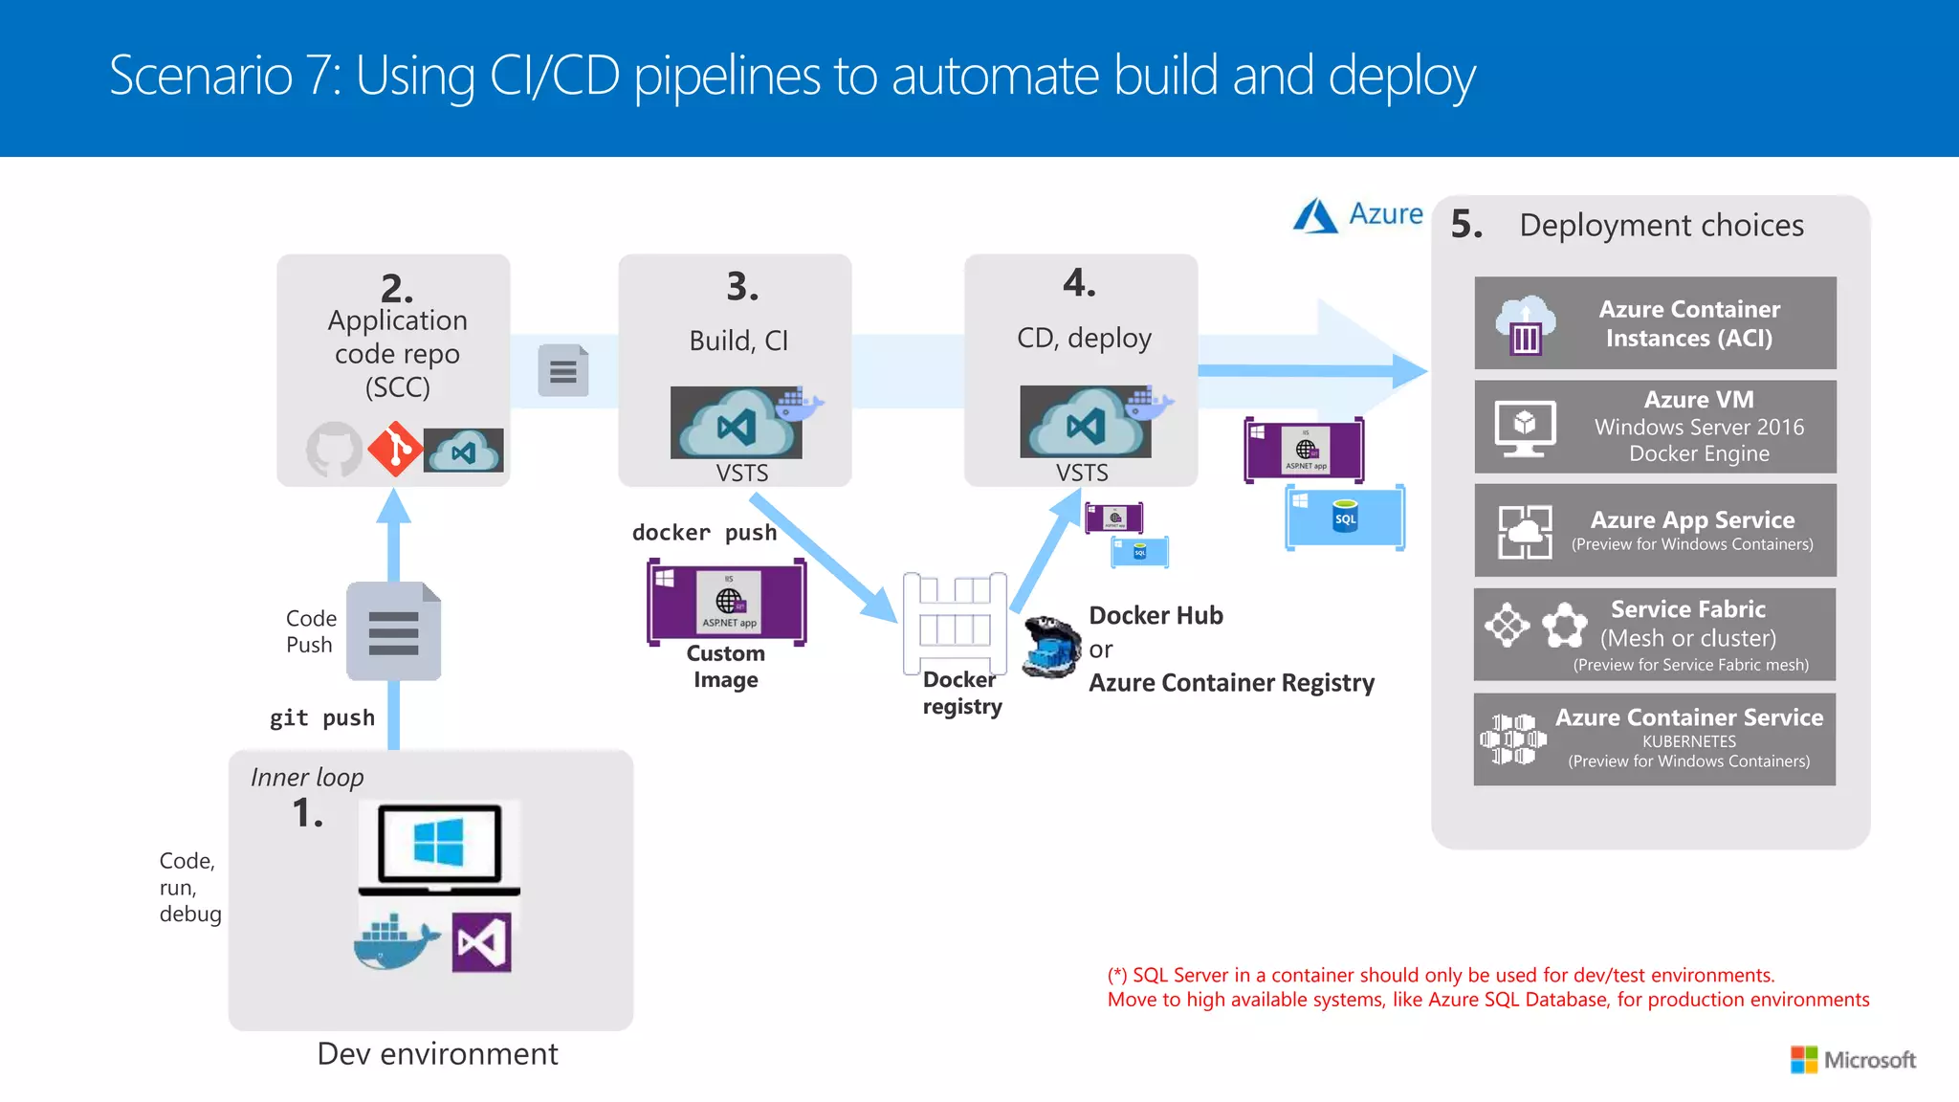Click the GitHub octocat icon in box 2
(x=334, y=449)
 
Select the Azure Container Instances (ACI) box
(x=1655, y=323)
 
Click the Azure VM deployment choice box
(x=1655, y=427)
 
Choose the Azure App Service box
(x=1655, y=530)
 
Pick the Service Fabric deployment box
(x=1655, y=634)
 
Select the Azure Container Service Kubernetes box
(x=1655, y=738)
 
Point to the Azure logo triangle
(x=1315, y=216)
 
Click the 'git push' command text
(x=322, y=717)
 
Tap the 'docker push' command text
(x=704, y=533)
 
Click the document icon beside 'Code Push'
(x=393, y=631)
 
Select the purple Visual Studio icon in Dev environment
(x=481, y=942)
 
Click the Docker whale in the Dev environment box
(x=395, y=942)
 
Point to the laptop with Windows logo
(x=439, y=848)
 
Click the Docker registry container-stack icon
(x=955, y=622)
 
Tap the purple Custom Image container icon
(x=727, y=602)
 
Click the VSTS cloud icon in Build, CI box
(x=737, y=424)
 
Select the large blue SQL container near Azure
(x=1345, y=518)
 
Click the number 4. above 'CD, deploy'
(x=1079, y=283)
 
